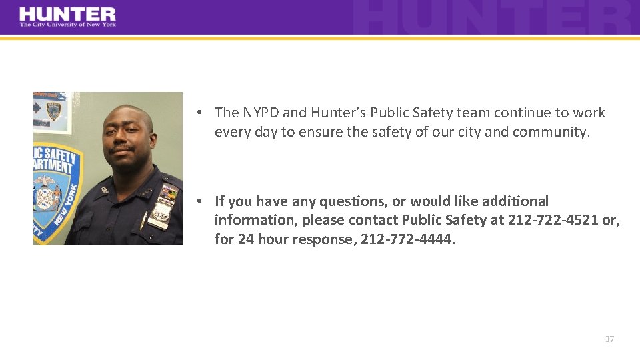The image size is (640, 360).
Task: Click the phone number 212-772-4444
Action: pyautogui.click(x=407, y=239)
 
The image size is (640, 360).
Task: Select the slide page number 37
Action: pyautogui.click(x=609, y=339)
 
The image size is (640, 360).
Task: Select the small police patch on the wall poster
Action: pyautogui.click(x=53, y=111)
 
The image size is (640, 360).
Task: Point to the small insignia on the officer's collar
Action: pyautogui.click(x=105, y=189)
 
